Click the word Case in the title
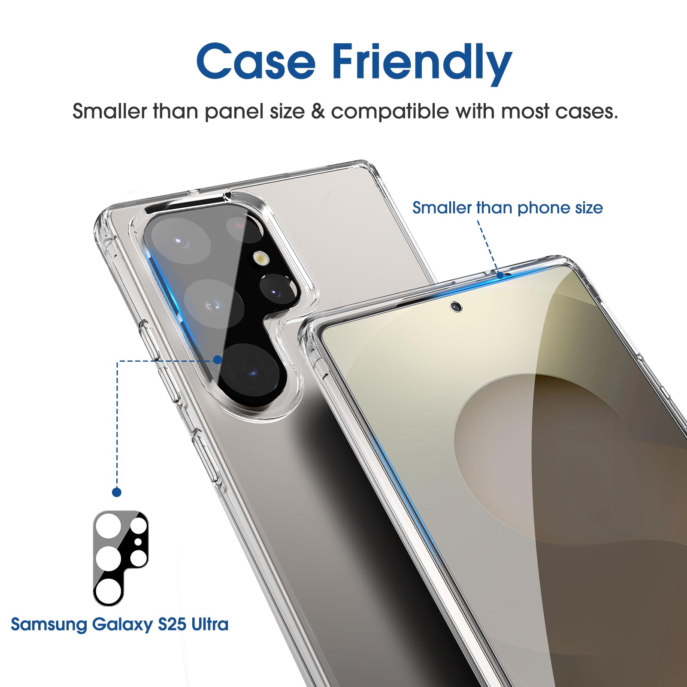pyautogui.click(x=256, y=61)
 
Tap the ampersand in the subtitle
pyautogui.click(x=318, y=112)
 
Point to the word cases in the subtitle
pyautogui.click(x=586, y=112)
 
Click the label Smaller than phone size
pyautogui.click(x=507, y=208)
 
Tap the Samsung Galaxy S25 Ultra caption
pyautogui.click(x=119, y=624)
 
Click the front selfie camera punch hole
pyautogui.click(x=456, y=306)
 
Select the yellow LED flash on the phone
pyautogui.click(x=261, y=257)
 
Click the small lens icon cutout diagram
pyautogui.click(x=121, y=558)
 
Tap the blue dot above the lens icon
pyautogui.click(x=117, y=492)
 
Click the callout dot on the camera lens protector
pyautogui.click(x=218, y=360)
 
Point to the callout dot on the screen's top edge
pyautogui.click(x=500, y=275)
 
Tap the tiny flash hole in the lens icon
pyautogui.click(x=138, y=542)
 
